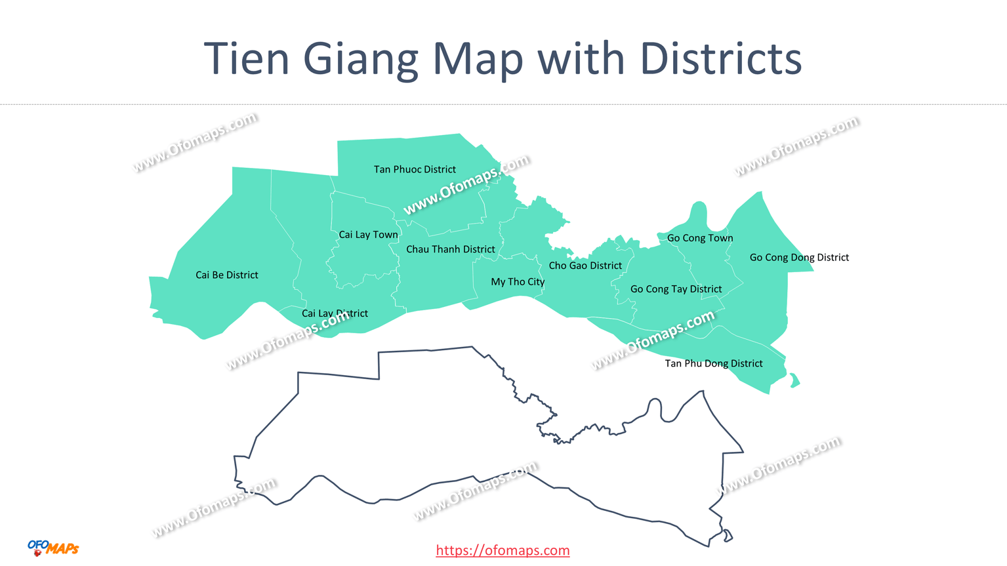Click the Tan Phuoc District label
coord(415,169)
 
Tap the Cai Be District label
coord(226,275)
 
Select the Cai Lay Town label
coord(368,234)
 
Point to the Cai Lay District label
coord(335,313)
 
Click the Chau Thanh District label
coord(450,249)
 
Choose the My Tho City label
coord(518,281)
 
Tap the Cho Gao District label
coord(585,266)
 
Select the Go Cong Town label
coord(700,238)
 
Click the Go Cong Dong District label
coord(799,257)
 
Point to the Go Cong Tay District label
coord(676,289)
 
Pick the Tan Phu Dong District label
coord(714,363)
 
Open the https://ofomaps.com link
coord(503,550)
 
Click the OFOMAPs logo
coord(53,548)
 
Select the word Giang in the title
coord(360,59)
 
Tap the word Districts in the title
coord(721,59)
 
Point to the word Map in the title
coord(478,59)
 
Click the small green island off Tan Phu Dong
coord(794,380)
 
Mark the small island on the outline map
coord(728,536)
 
